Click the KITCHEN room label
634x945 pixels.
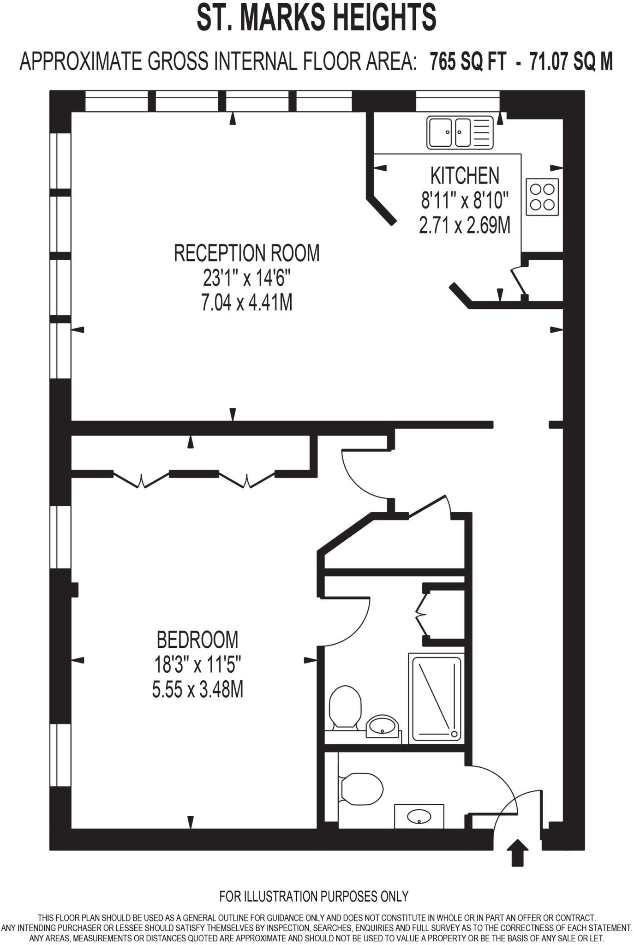pos(465,176)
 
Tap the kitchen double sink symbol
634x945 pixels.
pos(460,132)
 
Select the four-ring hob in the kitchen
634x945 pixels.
pos(542,197)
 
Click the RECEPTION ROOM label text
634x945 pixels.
pos(246,253)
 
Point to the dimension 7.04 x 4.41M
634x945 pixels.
pos(246,303)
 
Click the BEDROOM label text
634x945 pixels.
pos(197,640)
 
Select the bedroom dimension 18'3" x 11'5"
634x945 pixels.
pos(197,665)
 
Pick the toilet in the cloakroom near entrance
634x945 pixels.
pos(362,788)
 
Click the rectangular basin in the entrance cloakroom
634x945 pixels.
pos(419,816)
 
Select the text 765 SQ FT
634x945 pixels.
pos(467,61)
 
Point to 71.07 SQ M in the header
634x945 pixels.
pos(571,61)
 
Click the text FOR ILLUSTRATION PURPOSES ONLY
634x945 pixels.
pos(314,896)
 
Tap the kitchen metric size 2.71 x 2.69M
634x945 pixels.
pos(465,226)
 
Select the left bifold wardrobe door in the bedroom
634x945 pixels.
pos(141,478)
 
